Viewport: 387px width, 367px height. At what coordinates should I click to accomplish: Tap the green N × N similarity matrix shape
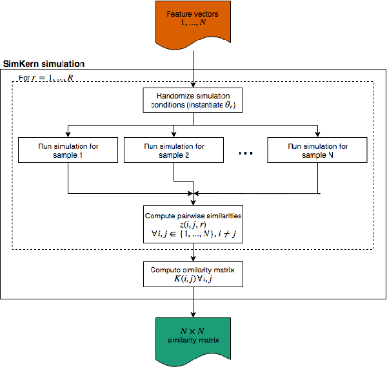193,334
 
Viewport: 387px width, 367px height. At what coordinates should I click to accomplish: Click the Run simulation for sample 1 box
68,151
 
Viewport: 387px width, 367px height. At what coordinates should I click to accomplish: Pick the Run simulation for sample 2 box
174,151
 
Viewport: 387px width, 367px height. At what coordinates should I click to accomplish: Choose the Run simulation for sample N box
318,151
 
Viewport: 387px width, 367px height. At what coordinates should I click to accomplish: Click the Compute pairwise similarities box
193,223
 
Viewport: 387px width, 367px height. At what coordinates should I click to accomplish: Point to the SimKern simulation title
44,64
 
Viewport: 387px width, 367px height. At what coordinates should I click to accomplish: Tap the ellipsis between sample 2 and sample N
246,153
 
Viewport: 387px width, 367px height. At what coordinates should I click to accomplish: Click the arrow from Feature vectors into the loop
193,68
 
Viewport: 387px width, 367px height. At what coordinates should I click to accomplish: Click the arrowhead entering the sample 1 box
68,134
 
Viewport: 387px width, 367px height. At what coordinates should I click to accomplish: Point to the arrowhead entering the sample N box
318,134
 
